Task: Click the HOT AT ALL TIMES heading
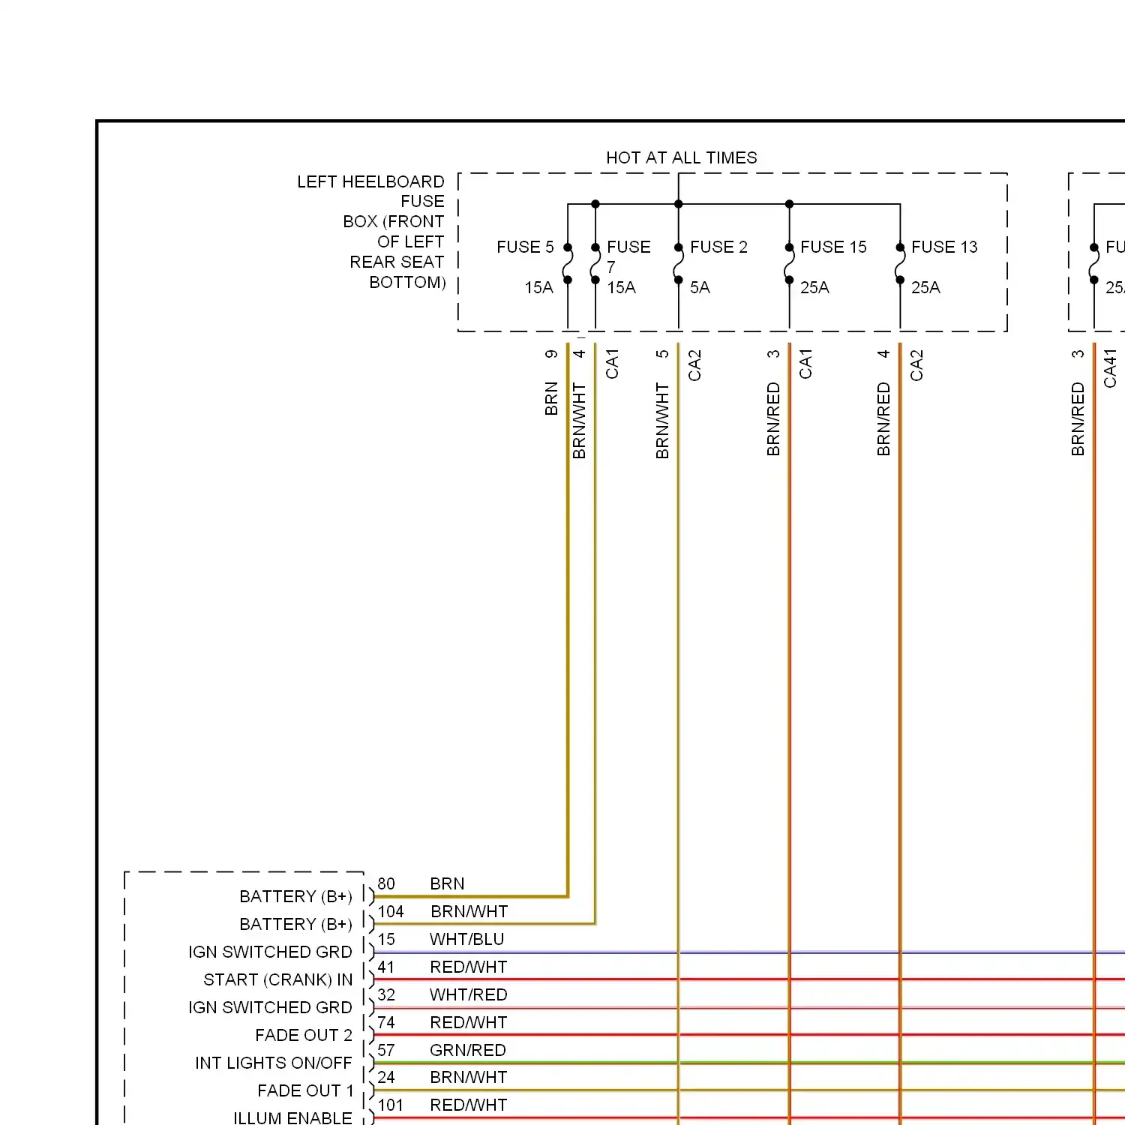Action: pyautogui.click(x=681, y=157)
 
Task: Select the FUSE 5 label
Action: pyautogui.click(x=525, y=247)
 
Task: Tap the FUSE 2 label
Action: pyautogui.click(x=718, y=247)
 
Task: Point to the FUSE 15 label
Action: pyautogui.click(x=833, y=247)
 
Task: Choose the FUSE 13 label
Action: pyautogui.click(x=944, y=247)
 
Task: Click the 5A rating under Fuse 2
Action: pyautogui.click(x=700, y=287)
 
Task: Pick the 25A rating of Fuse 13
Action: pyautogui.click(x=925, y=287)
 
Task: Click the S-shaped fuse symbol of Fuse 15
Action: pyautogui.click(x=789, y=264)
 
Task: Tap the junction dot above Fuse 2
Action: pyautogui.click(x=679, y=204)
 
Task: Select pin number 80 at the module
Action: pyautogui.click(x=386, y=883)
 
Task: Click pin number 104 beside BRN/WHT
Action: pyautogui.click(x=391, y=911)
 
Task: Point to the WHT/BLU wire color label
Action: pyautogui.click(x=467, y=939)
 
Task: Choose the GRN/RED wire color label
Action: pyautogui.click(x=468, y=1050)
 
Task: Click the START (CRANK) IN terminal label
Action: pyautogui.click(x=278, y=979)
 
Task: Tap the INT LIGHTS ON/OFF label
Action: pyautogui.click(x=274, y=1063)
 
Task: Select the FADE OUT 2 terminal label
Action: pyautogui.click(x=304, y=1035)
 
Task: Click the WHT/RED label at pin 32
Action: pyautogui.click(x=469, y=994)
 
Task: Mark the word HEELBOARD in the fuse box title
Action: pyautogui.click(x=393, y=181)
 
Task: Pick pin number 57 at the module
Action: pyautogui.click(x=386, y=1050)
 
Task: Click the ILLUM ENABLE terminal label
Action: pyautogui.click(x=292, y=1117)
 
